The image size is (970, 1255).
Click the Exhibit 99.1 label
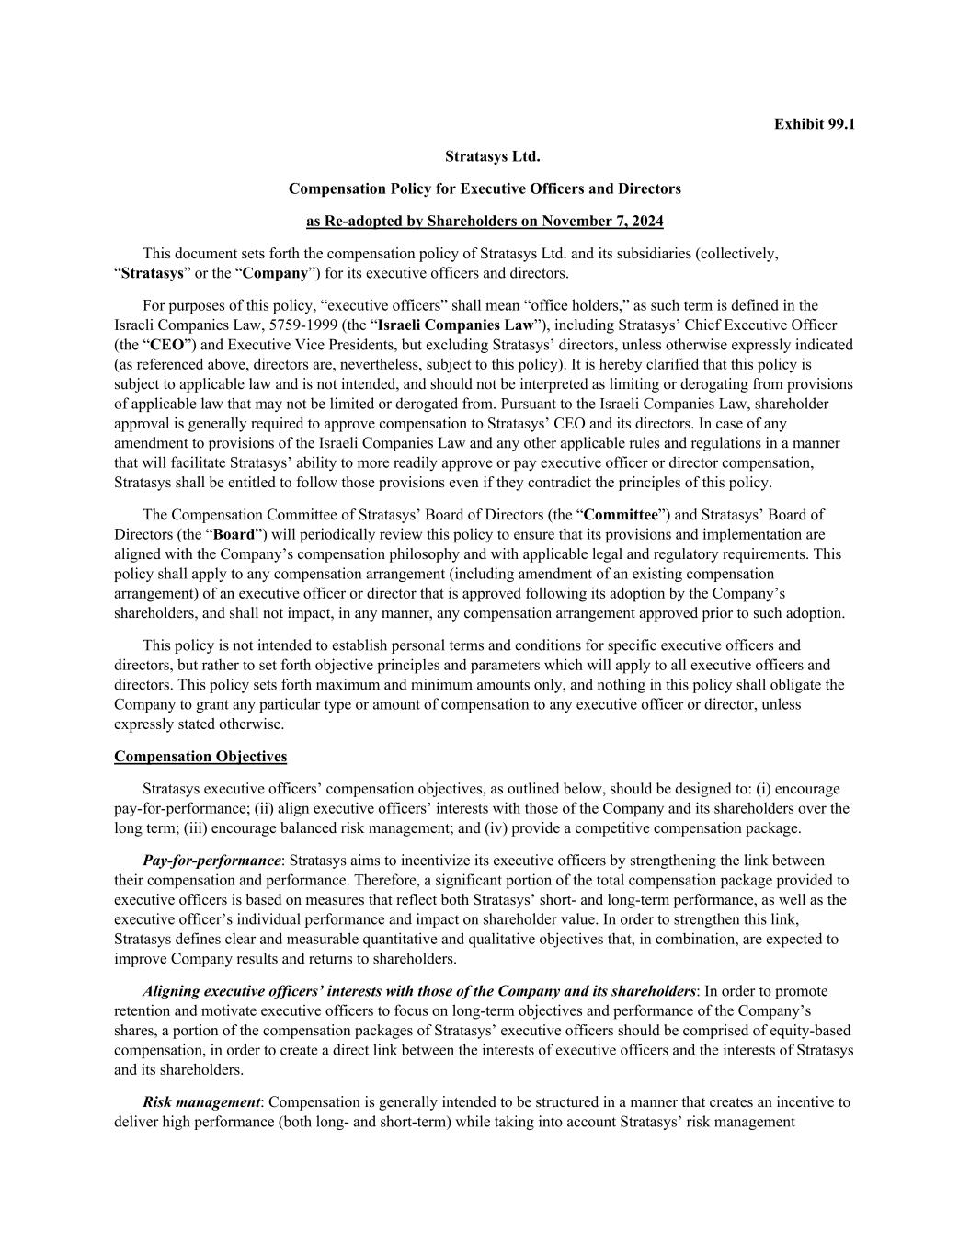coord(814,123)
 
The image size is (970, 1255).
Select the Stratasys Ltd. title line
coord(485,156)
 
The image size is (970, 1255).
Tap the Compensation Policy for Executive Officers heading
coord(485,188)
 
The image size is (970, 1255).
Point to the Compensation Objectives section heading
coord(200,757)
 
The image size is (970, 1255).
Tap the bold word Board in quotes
coord(234,534)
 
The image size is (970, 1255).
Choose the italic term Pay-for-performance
coord(211,861)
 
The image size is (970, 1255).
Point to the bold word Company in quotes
coord(275,273)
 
